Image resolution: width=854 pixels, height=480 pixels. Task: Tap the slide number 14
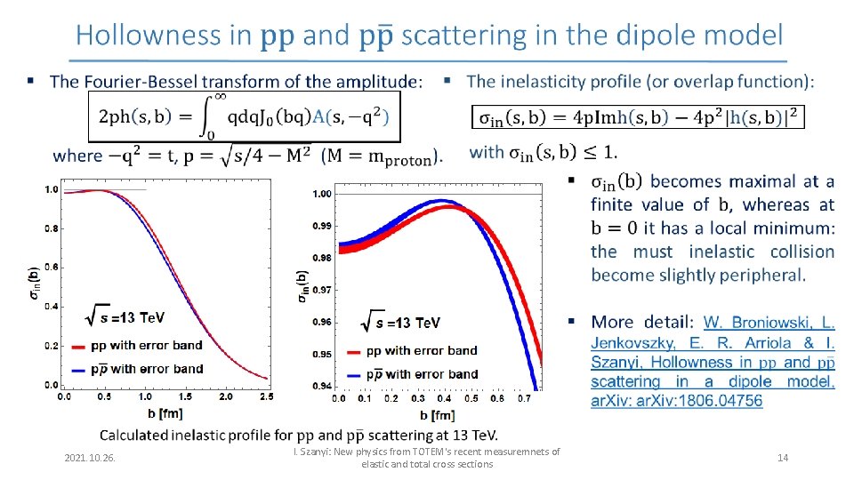point(783,458)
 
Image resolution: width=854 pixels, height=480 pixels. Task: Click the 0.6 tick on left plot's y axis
point(52,268)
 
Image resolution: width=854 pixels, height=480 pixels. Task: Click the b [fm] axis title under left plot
point(166,415)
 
